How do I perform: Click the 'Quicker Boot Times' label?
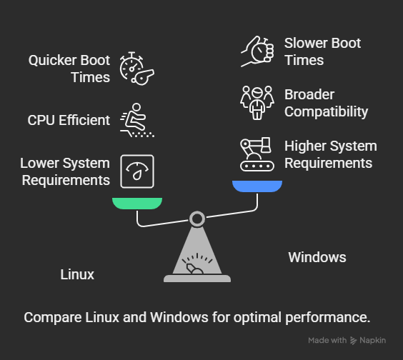(69, 69)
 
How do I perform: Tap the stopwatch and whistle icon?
(136, 68)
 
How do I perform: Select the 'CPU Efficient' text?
(69, 120)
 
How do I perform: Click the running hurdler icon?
(136, 120)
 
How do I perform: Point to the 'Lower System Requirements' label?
(65, 171)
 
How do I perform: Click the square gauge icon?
(137, 171)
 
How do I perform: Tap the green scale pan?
(137, 203)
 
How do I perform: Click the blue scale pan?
(257, 186)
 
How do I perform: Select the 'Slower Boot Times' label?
(322, 51)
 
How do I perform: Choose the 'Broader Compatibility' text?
(326, 103)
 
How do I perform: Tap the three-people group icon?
(257, 103)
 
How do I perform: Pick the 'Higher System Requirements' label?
(330, 154)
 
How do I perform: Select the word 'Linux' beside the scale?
(77, 274)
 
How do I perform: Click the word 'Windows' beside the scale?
(317, 257)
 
